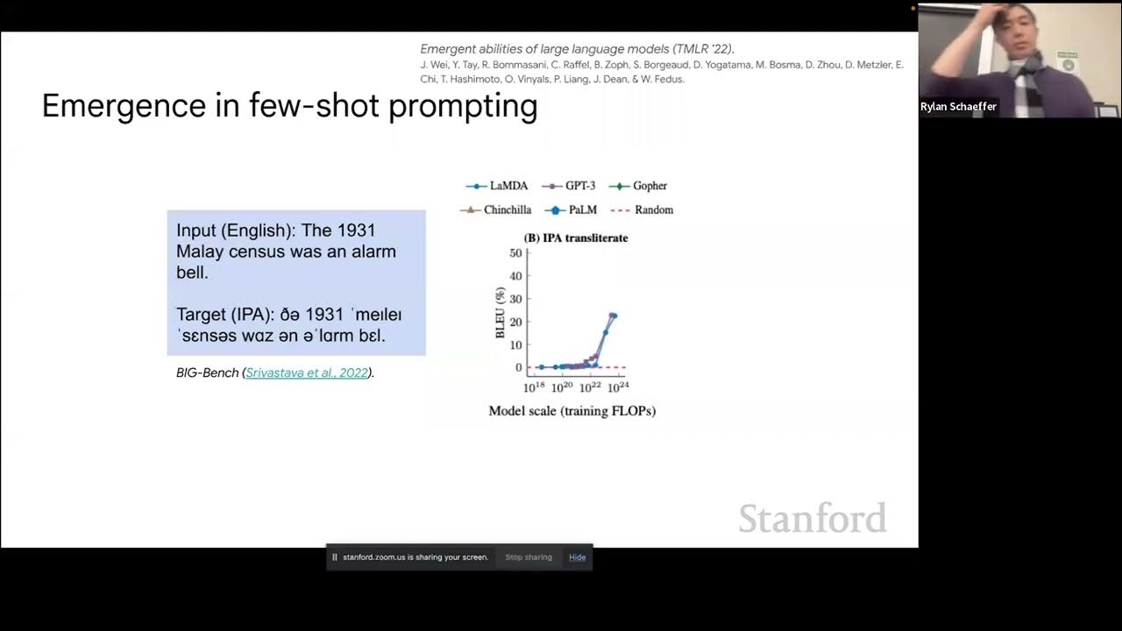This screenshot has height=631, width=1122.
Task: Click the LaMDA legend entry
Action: [x=501, y=186]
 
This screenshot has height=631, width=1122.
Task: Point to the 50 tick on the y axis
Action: [x=515, y=253]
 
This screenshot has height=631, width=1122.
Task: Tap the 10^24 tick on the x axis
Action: [x=618, y=387]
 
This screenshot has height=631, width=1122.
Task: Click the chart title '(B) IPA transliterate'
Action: [x=576, y=238]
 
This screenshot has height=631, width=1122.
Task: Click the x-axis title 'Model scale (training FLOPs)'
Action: [x=572, y=411]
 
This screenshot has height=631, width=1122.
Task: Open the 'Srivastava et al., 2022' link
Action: [x=307, y=372]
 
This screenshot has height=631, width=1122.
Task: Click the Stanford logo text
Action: [x=812, y=518]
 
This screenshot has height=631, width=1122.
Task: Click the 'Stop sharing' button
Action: [x=529, y=557]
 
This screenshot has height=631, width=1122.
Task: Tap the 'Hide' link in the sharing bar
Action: [x=577, y=557]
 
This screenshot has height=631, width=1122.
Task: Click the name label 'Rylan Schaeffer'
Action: [x=958, y=107]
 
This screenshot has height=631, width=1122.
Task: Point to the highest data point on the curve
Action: [x=613, y=315]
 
